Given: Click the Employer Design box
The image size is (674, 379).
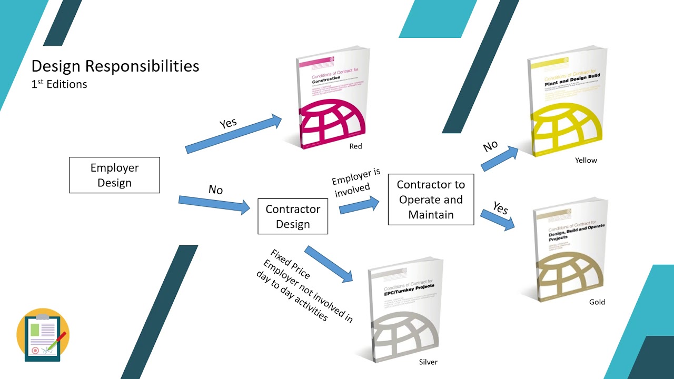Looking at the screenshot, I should point(114,175).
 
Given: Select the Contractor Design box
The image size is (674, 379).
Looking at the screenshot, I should point(293,216).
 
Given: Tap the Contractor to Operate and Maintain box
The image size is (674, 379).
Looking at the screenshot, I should point(431,200).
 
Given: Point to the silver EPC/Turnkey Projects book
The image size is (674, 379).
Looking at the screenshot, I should point(405,311).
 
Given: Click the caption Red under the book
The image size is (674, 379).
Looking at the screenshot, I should point(355,146).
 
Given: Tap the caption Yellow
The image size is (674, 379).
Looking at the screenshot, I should point(586,160).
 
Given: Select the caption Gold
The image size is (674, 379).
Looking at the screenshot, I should point(597,302).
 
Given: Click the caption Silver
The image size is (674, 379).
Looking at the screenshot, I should point(428,362).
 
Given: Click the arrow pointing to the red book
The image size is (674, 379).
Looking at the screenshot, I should point(234,135).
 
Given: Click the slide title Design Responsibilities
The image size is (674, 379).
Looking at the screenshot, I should point(115,66).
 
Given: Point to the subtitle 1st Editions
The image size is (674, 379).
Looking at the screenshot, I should point(59,84).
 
